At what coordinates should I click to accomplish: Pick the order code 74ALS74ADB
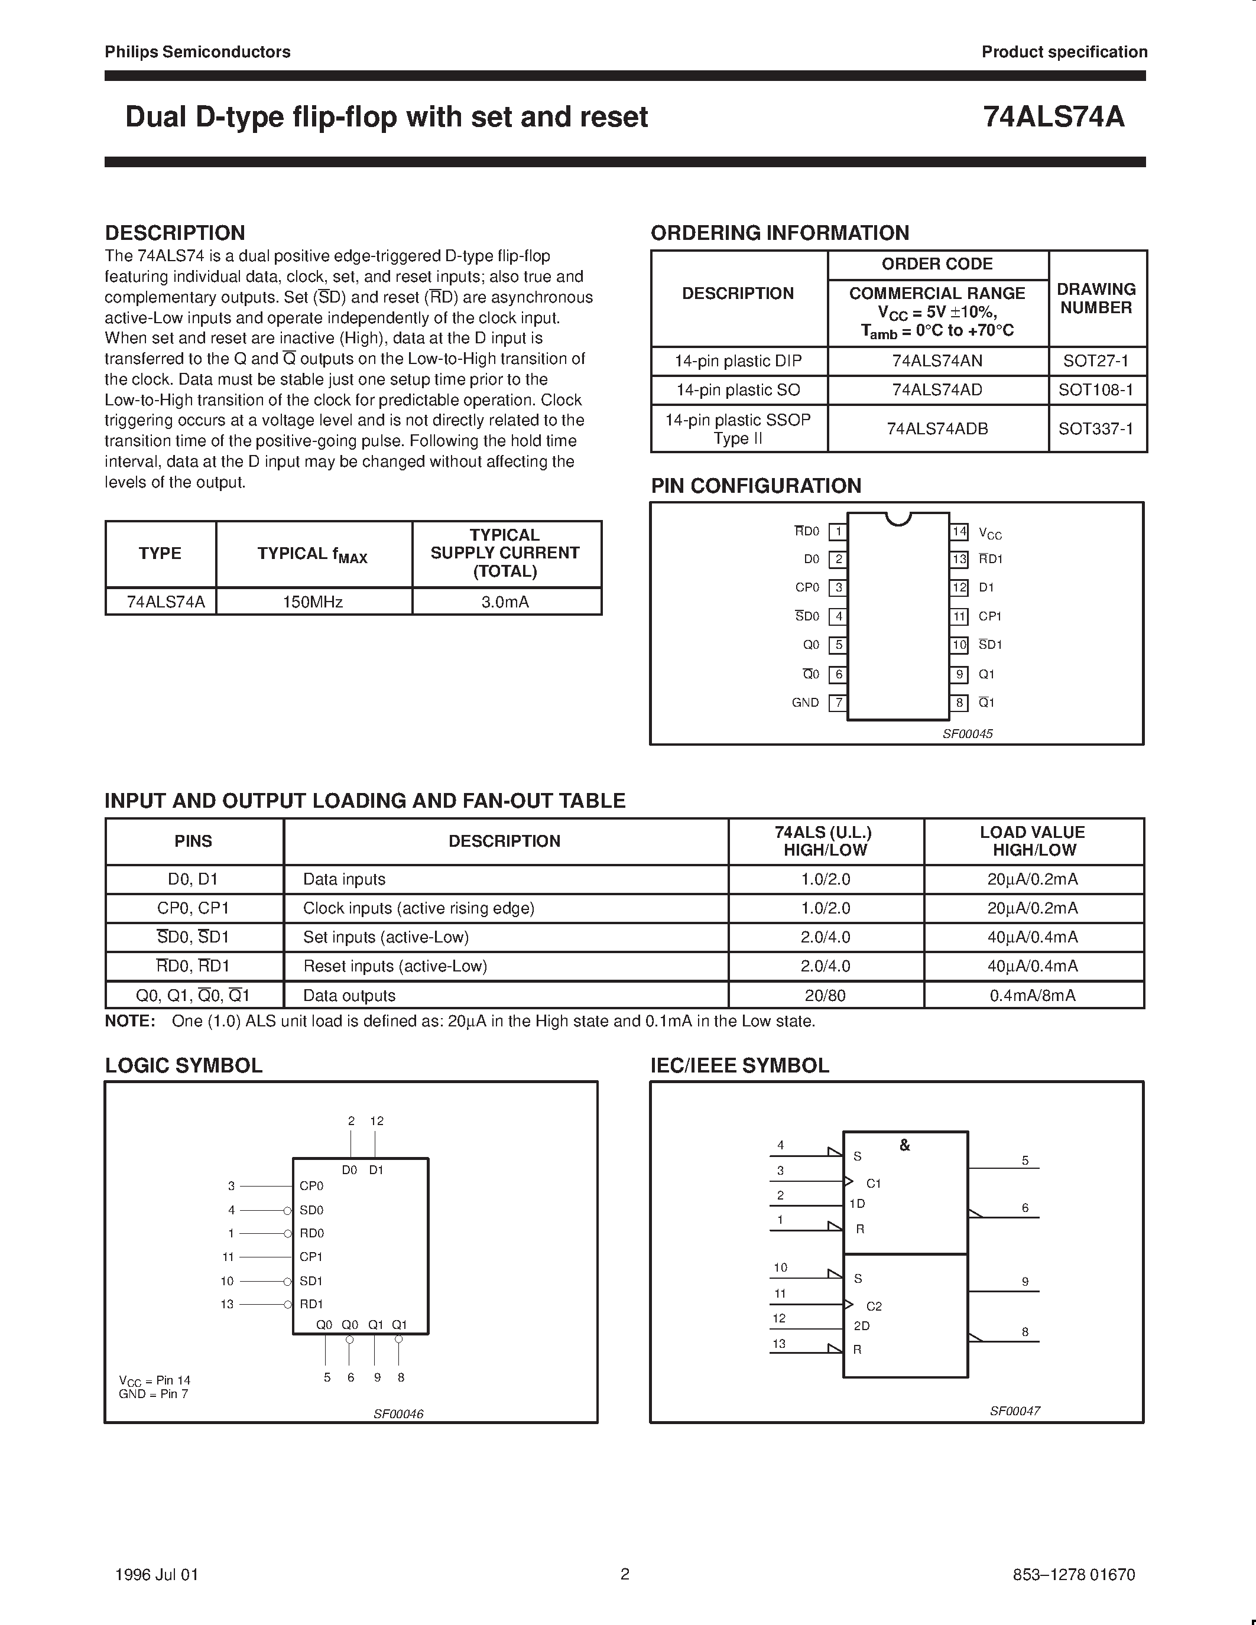pyautogui.click(x=937, y=428)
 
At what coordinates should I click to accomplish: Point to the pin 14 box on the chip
pyautogui.click(x=959, y=531)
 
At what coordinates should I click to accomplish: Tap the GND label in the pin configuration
pyautogui.click(x=805, y=703)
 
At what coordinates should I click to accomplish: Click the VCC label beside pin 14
pyautogui.click(x=989, y=534)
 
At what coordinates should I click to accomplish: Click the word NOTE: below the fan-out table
pyautogui.click(x=129, y=1022)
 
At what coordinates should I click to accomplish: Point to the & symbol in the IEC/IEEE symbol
pyautogui.click(x=905, y=1145)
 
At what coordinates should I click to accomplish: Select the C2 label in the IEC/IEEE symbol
pyautogui.click(x=874, y=1306)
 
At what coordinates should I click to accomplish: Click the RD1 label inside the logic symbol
pyautogui.click(x=311, y=1304)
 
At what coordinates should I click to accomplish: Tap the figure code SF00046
pyautogui.click(x=398, y=1413)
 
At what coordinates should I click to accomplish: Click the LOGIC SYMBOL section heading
pyautogui.click(x=184, y=1065)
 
